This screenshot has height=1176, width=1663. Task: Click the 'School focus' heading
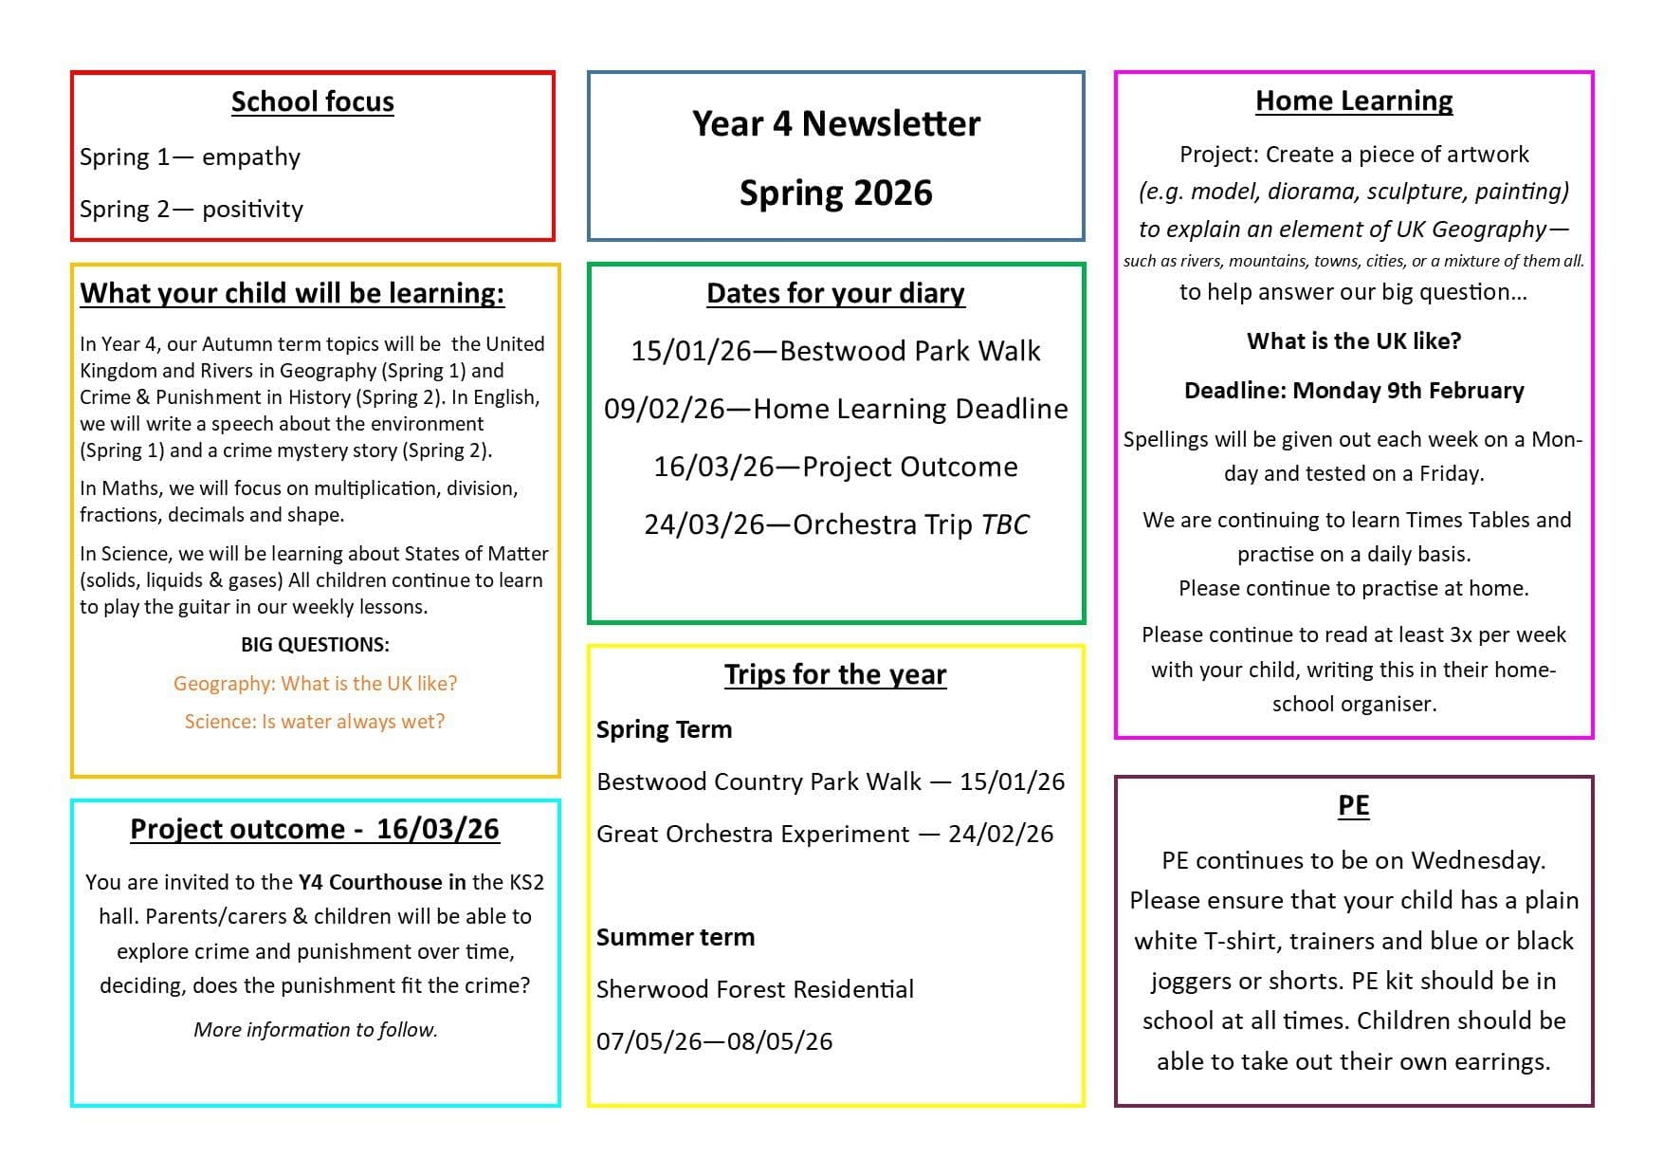click(x=312, y=101)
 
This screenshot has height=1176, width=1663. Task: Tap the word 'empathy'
click(x=250, y=156)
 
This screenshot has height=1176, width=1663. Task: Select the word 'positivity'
click(x=252, y=209)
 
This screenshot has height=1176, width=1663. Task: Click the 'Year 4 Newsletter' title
click(x=835, y=123)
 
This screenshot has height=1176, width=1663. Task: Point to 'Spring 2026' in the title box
click(x=835, y=193)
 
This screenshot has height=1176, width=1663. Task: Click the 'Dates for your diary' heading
click(x=835, y=293)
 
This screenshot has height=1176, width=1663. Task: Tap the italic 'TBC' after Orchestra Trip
click(x=1004, y=524)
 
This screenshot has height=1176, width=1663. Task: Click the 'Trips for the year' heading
click(x=835, y=674)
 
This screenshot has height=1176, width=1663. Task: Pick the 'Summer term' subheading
click(x=675, y=937)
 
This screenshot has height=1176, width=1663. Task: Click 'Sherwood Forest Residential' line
click(x=755, y=989)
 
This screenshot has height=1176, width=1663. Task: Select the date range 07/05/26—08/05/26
click(x=714, y=1041)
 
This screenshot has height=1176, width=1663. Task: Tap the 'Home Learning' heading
click(x=1353, y=101)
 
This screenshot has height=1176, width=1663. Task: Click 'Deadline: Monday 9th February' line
click(x=1353, y=391)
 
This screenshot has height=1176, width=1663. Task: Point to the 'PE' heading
click(x=1353, y=805)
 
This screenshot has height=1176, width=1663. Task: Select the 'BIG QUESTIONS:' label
click(x=315, y=645)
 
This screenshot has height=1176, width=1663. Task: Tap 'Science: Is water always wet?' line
click(x=315, y=722)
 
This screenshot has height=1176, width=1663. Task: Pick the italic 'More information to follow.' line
click(x=315, y=1030)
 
